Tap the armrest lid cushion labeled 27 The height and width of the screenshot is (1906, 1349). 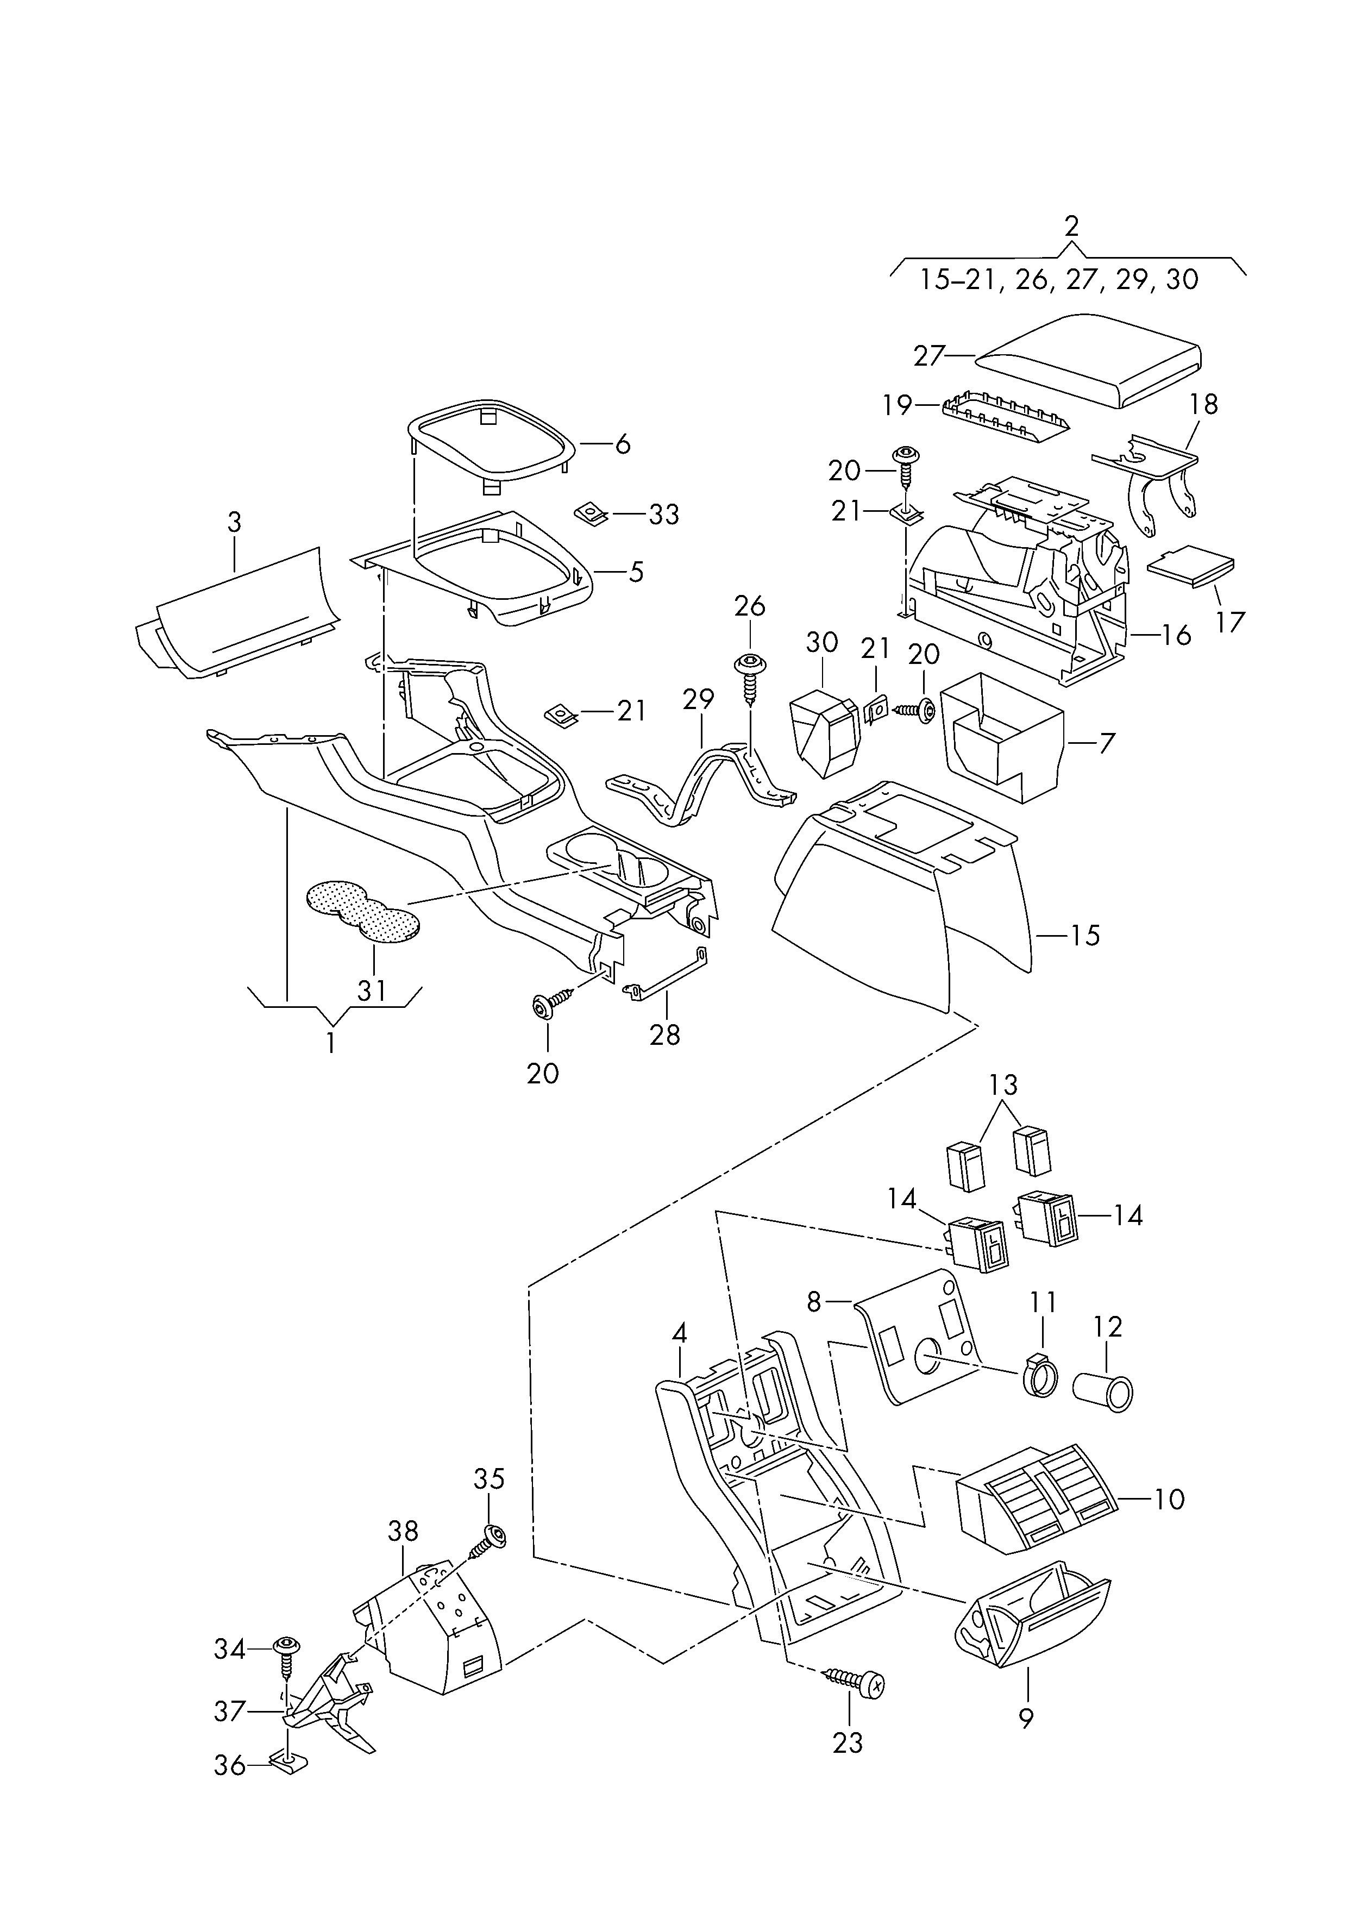point(1088,360)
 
